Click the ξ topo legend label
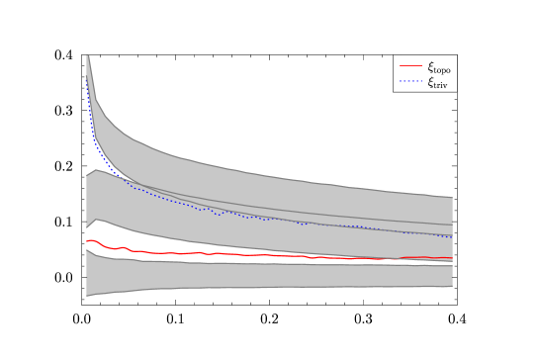[439, 67]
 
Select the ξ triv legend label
[438, 82]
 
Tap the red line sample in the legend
[410, 66]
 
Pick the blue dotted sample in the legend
[410, 81]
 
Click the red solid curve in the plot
[247, 254]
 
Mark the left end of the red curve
[87, 241]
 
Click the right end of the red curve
[452, 258]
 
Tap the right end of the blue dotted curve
[452, 237]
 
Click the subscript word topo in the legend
[442, 70]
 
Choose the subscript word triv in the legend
[441, 85]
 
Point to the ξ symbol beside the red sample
[430, 66]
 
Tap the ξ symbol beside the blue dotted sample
[430, 81]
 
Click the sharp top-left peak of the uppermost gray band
[88, 57]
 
